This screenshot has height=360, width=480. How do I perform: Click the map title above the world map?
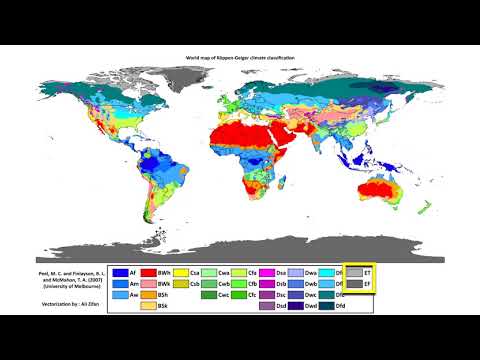point(240,61)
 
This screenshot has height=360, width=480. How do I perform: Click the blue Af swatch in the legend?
point(119,272)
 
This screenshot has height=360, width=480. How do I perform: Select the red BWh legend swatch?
point(149,272)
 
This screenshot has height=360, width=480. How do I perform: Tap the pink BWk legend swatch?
point(149,284)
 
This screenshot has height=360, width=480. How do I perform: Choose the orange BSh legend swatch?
point(149,295)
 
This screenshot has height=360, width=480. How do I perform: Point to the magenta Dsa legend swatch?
point(267,272)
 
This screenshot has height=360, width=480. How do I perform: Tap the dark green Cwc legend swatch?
point(208,295)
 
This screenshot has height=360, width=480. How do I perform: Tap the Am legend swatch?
point(119,284)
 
